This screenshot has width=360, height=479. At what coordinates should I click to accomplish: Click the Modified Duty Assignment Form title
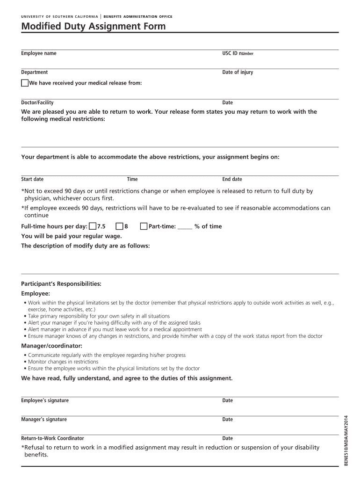tap(94, 27)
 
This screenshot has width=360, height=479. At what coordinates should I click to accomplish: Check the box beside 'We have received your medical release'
tap(25, 83)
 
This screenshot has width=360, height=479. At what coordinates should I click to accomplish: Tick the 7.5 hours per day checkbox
tap(93, 226)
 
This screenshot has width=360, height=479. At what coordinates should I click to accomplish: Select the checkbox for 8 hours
tap(120, 226)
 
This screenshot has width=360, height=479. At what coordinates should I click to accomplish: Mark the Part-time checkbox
tap(144, 226)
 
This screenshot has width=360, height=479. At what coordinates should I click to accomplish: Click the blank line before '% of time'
tap(185, 228)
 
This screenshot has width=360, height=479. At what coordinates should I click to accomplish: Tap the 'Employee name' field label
tap(39, 53)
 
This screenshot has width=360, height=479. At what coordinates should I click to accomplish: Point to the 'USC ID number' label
tap(238, 53)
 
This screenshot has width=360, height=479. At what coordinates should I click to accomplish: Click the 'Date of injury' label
tap(238, 73)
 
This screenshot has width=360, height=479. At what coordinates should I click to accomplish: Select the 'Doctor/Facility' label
tap(37, 102)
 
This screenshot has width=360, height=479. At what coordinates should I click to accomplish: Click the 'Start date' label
tap(32, 179)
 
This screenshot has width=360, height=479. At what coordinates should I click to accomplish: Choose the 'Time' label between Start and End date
tap(132, 179)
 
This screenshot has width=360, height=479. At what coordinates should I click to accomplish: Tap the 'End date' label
tap(232, 179)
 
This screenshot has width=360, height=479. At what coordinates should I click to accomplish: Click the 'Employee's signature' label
tap(45, 400)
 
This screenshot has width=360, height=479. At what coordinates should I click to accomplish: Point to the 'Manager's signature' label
tap(44, 420)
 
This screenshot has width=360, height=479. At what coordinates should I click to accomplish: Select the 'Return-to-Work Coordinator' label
tap(52, 438)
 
